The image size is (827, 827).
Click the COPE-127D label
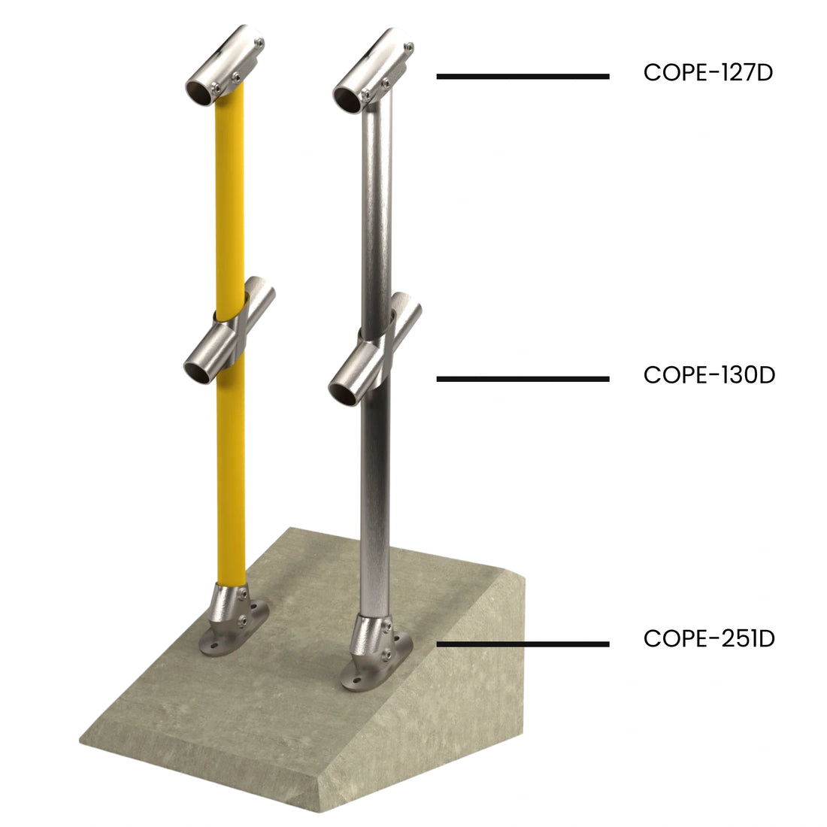(707, 73)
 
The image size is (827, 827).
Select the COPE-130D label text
(709, 374)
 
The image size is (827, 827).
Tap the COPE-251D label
(709, 639)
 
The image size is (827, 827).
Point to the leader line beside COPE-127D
(523, 76)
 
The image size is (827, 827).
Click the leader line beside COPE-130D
(523, 379)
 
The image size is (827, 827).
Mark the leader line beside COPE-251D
(523, 644)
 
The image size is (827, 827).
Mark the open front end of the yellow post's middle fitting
(199, 369)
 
